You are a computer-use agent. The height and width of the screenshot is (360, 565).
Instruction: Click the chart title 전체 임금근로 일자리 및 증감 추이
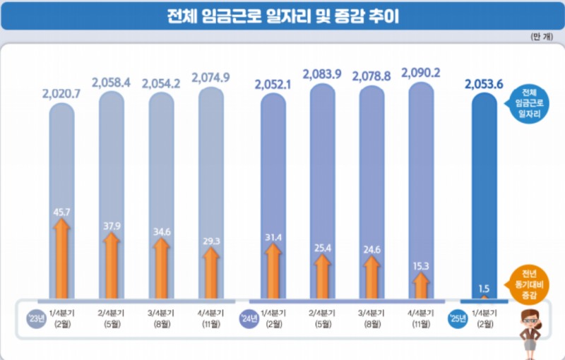pos(282,16)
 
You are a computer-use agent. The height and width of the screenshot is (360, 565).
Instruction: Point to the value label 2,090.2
pos(420,72)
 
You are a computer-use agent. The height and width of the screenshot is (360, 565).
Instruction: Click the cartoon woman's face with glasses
pos(532,322)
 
